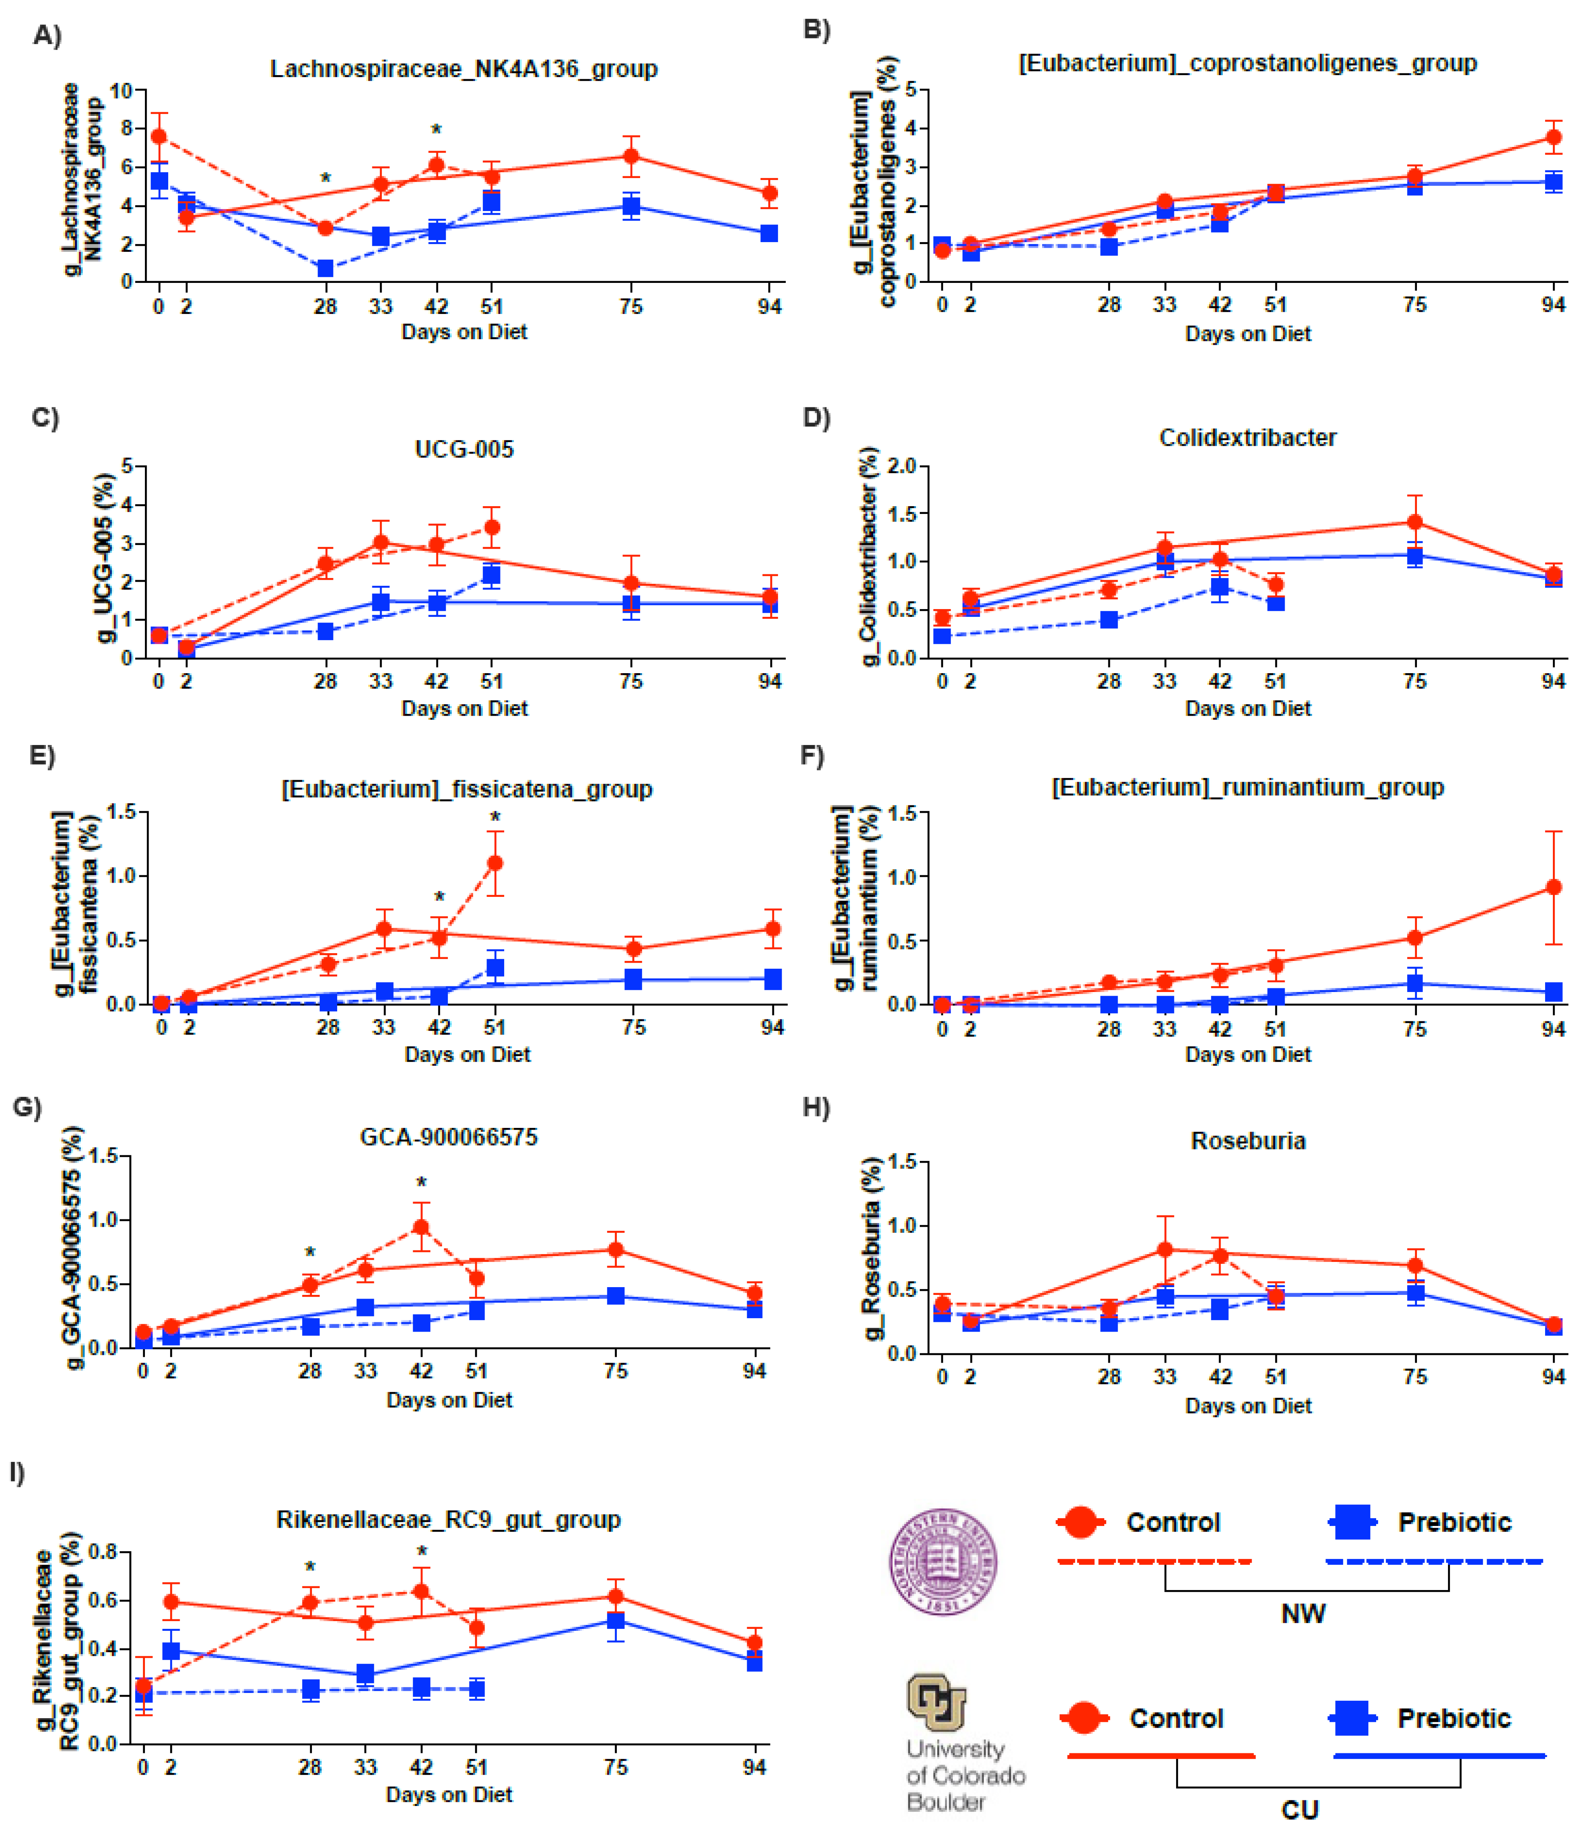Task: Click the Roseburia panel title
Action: (1248, 1141)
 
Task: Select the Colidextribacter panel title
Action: (1248, 438)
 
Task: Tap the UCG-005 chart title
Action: (465, 449)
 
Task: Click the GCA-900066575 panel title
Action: (449, 1137)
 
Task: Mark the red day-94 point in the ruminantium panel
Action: (1553, 887)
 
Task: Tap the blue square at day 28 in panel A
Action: (325, 268)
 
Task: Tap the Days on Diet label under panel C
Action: (465, 709)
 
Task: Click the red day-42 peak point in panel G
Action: (421, 1227)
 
